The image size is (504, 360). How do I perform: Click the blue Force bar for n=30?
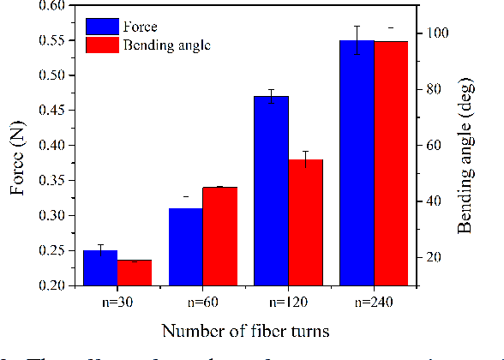click(x=100, y=267)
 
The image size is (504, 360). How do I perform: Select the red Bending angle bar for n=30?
click(x=135, y=273)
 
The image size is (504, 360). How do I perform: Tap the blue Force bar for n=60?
click(x=186, y=247)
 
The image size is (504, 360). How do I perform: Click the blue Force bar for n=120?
click(x=272, y=190)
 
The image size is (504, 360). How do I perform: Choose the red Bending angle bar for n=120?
click(x=306, y=222)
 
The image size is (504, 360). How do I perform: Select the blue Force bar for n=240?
click(x=357, y=163)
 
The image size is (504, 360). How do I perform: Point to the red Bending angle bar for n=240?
click(x=392, y=163)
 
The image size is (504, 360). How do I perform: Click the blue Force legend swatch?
click(x=102, y=26)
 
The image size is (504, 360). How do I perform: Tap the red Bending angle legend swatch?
click(x=102, y=44)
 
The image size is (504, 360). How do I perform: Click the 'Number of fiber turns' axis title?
click(x=246, y=330)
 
